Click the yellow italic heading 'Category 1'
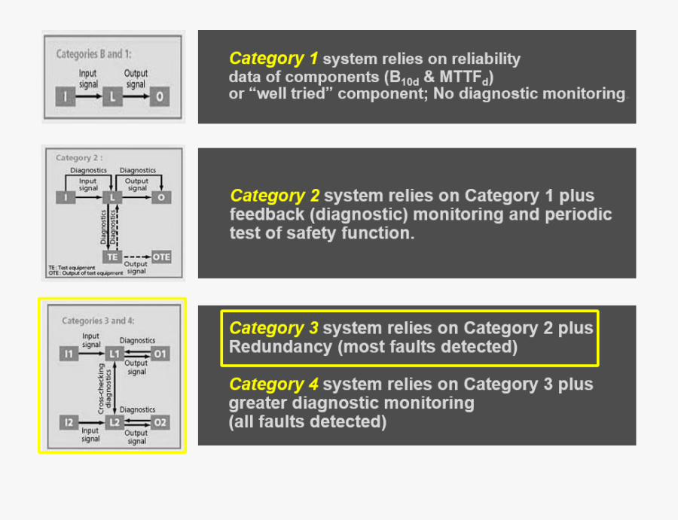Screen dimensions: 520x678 pos(273,59)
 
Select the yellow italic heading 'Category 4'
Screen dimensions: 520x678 pos(274,385)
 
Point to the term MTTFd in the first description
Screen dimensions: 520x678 pos(463,77)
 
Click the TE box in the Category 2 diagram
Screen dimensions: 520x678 pos(112,257)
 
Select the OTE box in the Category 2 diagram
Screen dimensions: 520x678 pos(161,257)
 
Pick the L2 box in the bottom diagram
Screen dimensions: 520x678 pos(114,422)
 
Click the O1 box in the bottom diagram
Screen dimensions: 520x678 pos(160,353)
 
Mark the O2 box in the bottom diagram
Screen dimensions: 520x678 pos(160,422)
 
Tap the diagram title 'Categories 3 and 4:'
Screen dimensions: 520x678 pos(98,321)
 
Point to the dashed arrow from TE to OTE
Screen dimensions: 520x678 pos(136,257)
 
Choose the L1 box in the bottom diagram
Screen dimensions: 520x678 pos(114,353)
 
